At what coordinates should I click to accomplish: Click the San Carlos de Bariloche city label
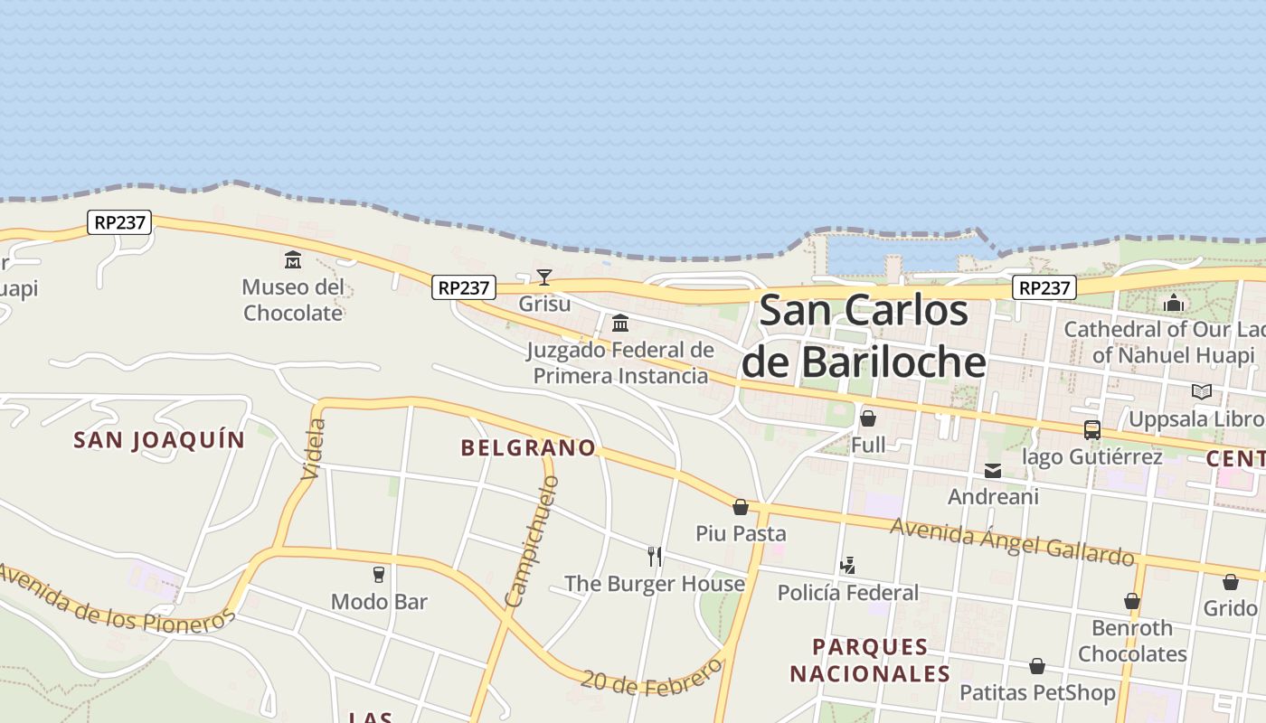coord(863,336)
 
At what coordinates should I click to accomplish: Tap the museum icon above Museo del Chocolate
coord(293,261)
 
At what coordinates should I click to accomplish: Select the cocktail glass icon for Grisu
coord(543,277)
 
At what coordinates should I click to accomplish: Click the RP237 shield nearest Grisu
coord(464,287)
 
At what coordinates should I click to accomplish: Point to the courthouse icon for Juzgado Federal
coord(620,324)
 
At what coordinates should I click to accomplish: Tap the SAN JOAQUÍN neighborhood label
coord(159,440)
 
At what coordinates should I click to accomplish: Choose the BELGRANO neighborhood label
coord(528,447)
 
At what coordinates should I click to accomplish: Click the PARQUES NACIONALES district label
coord(870,661)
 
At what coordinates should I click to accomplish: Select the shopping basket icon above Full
coord(868,418)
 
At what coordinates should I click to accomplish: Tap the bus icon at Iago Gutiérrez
coord(1091,430)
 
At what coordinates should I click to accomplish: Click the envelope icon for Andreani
coord(993,471)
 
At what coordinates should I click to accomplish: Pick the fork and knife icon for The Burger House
coord(655,556)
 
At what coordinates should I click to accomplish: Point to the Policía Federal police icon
coord(847,567)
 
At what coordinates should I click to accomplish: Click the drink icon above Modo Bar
coord(379,575)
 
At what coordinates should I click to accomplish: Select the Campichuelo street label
coord(532,540)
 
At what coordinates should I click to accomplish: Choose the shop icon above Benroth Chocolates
coord(1131,601)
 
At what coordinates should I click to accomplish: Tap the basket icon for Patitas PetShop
coord(1037,666)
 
